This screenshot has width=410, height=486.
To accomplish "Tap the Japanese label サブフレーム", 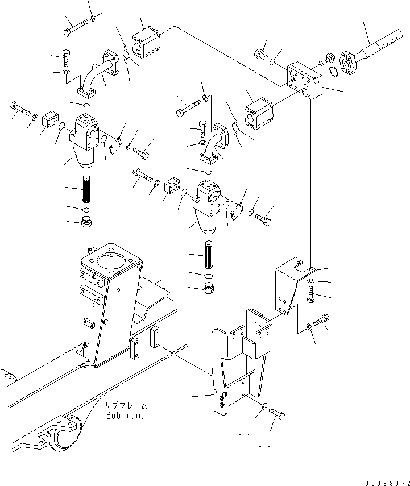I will point(125,406).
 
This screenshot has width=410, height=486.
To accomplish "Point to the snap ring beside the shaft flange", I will point(335,72).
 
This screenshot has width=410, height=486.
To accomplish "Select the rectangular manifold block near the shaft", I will point(305,82).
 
